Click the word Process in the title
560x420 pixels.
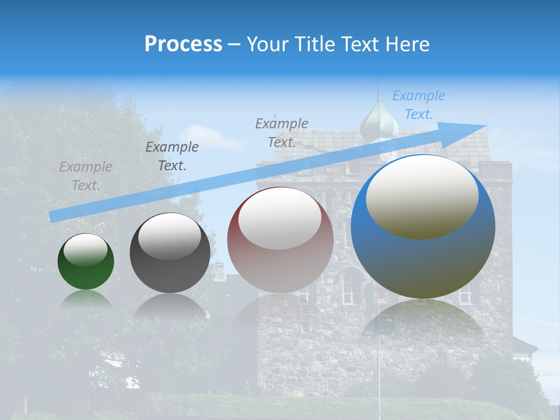183,44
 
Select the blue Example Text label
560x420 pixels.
419,105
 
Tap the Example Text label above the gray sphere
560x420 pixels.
172,156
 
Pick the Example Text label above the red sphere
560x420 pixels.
282,132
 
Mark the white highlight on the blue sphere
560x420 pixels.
422,197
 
